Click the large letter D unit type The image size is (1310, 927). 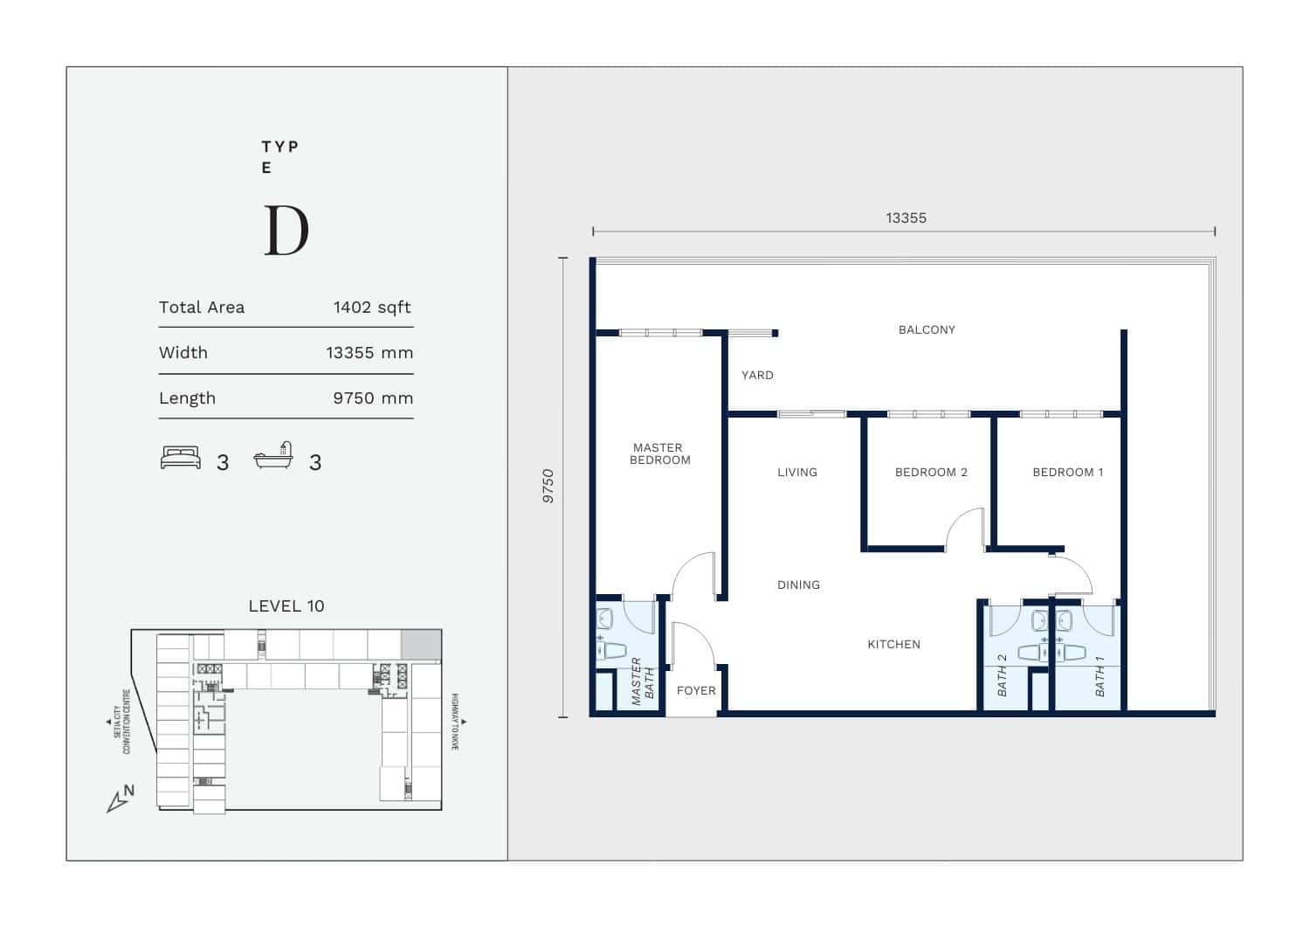pos(286,231)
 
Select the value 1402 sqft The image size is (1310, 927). pos(372,308)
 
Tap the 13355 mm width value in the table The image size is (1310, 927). pos(369,353)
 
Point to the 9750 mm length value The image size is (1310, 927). pos(373,398)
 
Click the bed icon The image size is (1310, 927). pos(181,458)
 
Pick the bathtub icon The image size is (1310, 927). pos(273,455)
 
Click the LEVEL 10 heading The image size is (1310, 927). pos(286,605)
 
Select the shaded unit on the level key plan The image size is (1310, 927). pos(421,644)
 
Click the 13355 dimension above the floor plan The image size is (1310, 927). pos(906,218)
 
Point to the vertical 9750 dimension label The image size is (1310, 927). pos(548,486)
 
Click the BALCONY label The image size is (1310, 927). pos(927,330)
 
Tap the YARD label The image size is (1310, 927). pos(757,375)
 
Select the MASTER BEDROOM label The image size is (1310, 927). pos(659,454)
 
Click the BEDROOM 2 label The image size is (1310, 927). pos(931,473)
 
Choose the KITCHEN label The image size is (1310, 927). pos(893,644)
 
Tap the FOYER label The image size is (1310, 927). pos(696,690)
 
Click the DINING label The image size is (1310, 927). pos(798,585)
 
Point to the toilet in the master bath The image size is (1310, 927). pos(611,650)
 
